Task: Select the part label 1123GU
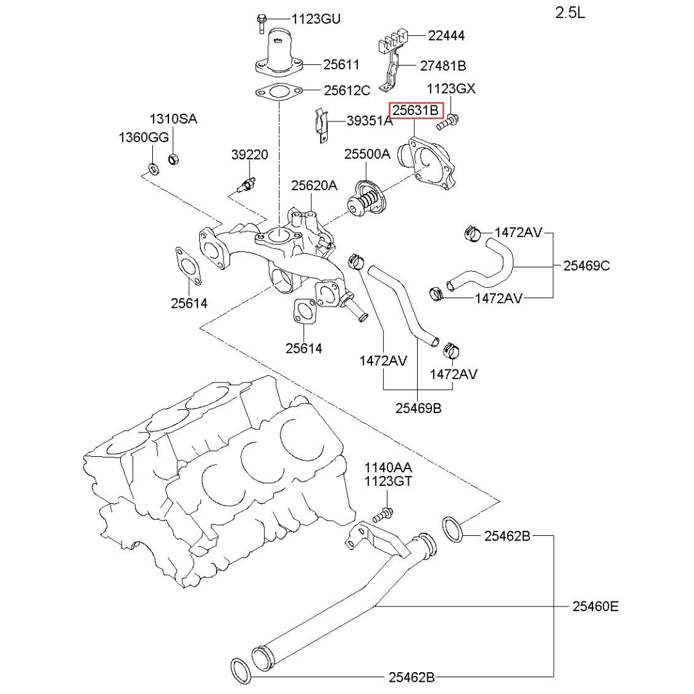coord(316,19)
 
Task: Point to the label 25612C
coord(346,91)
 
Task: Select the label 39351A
coord(369,121)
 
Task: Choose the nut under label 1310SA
coord(173,159)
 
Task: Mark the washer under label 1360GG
coord(153,169)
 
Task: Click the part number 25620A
coord(314,186)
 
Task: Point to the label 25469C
coord(586,265)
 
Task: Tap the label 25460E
coord(596,606)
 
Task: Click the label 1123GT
coord(389,481)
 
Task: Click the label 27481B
coord(443,65)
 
